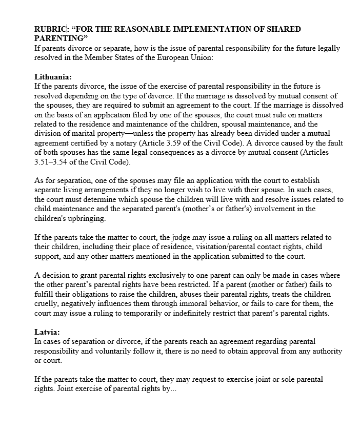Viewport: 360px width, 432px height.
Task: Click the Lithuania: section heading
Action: tap(53, 76)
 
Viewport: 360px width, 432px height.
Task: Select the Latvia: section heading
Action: tap(47, 332)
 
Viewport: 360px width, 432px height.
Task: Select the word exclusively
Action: tap(161, 275)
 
